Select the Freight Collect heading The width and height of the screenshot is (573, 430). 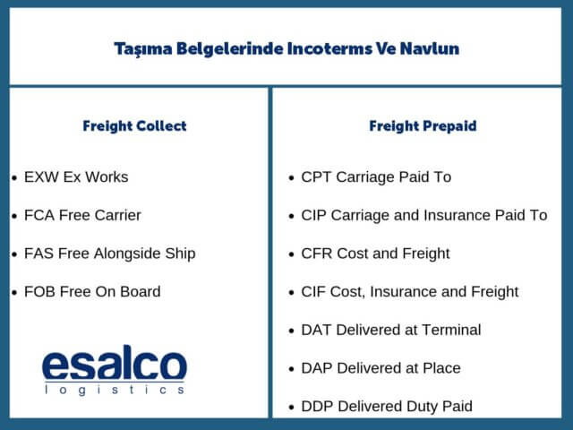[134, 125]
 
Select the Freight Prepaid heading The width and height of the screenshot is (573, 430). [423, 125]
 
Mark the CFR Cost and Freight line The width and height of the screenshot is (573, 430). [375, 254]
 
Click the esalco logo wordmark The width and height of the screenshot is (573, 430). [115, 365]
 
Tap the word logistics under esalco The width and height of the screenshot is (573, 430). [115, 391]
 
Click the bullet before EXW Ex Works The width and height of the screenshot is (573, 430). [13, 177]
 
